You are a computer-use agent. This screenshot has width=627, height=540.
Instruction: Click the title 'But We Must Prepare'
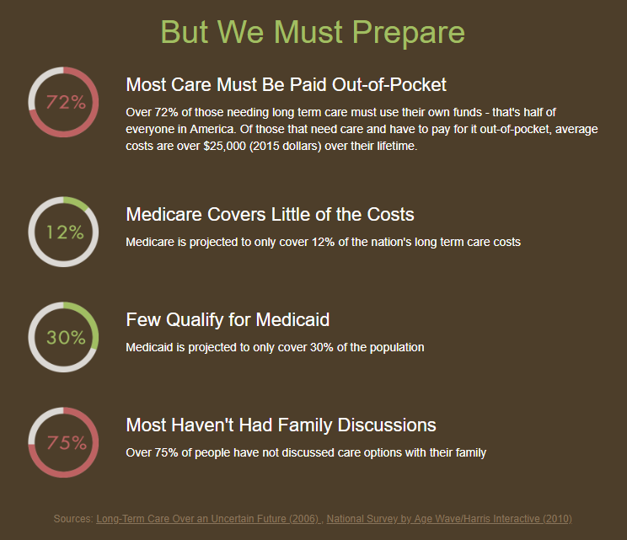coord(313,32)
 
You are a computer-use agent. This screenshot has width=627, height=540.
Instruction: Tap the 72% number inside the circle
coord(66,102)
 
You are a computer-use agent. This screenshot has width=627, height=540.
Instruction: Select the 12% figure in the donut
coord(65,233)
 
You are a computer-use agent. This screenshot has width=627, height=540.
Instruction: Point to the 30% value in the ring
coord(66,338)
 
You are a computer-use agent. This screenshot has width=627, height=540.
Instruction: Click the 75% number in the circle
coord(67,443)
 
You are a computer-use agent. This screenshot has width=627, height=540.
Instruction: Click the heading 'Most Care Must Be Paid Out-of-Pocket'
coord(286,85)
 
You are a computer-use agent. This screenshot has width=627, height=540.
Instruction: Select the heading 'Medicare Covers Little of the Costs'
coord(270,215)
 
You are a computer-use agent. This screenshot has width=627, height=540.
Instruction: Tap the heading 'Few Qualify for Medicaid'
coord(228,320)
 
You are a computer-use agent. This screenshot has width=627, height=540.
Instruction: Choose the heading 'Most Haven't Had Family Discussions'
coord(281,425)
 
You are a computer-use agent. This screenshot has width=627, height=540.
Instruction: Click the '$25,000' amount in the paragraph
coord(224,147)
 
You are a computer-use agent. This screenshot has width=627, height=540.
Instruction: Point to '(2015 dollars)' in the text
coord(285,147)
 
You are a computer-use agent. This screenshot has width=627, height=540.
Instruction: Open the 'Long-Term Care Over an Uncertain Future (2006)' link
coord(208,519)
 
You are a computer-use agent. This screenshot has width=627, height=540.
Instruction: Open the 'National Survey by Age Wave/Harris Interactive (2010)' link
coord(449,519)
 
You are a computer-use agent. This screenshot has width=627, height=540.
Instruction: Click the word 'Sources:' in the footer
coord(73,519)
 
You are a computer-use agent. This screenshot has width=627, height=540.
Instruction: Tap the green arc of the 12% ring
coord(77,202)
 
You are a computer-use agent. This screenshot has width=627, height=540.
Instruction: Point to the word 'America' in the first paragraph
coord(212,130)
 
